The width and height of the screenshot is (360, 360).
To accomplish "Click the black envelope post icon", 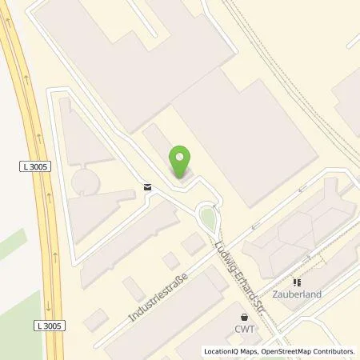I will tap(147, 186).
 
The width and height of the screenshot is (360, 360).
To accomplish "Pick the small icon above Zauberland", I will tap(296, 282).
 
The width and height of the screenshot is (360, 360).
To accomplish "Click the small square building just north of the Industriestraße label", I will tap(170, 260).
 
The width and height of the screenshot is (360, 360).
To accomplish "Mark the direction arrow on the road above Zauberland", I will tap(302, 190).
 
